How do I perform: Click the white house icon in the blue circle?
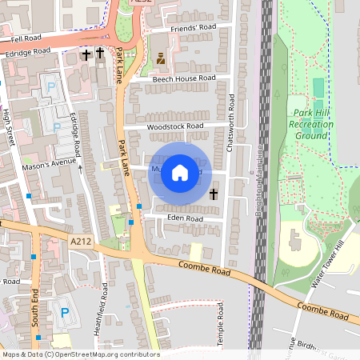[180, 173]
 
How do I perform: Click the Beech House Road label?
[184, 78]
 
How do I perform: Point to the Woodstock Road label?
[174, 126]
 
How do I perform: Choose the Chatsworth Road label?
[231, 117]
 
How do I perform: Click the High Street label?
[10, 126]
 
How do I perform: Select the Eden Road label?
[184, 218]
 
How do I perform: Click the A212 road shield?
[81, 241]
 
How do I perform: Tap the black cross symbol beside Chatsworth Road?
[214, 194]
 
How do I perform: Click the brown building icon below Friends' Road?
[161, 58]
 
